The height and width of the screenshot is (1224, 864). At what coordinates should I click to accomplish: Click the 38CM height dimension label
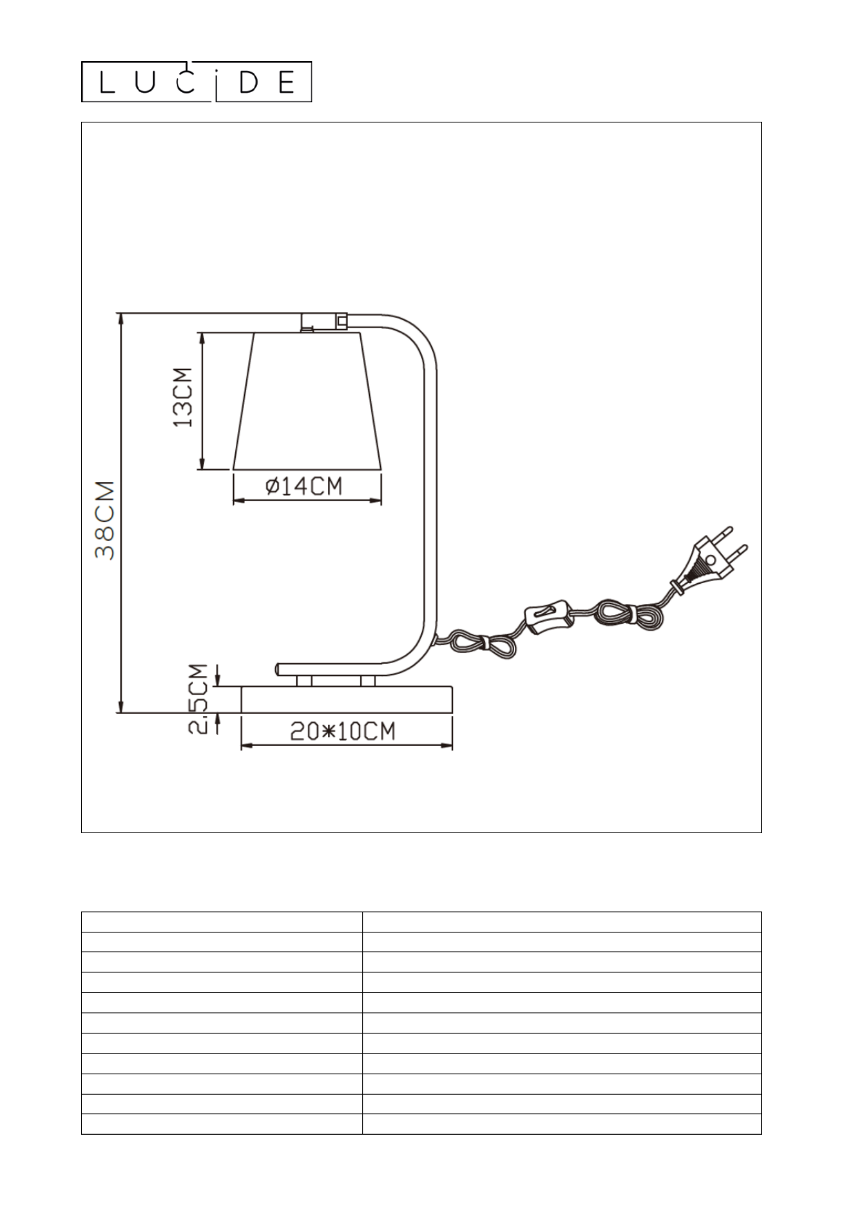[x=105, y=520]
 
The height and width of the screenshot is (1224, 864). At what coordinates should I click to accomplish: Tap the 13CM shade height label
[x=183, y=398]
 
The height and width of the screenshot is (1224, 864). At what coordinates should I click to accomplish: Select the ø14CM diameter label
[x=304, y=486]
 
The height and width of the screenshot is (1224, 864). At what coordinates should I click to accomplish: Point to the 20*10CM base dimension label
[x=343, y=732]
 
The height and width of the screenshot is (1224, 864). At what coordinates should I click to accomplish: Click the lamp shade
[x=307, y=401]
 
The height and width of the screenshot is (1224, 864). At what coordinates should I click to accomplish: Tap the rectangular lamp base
[x=347, y=699]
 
